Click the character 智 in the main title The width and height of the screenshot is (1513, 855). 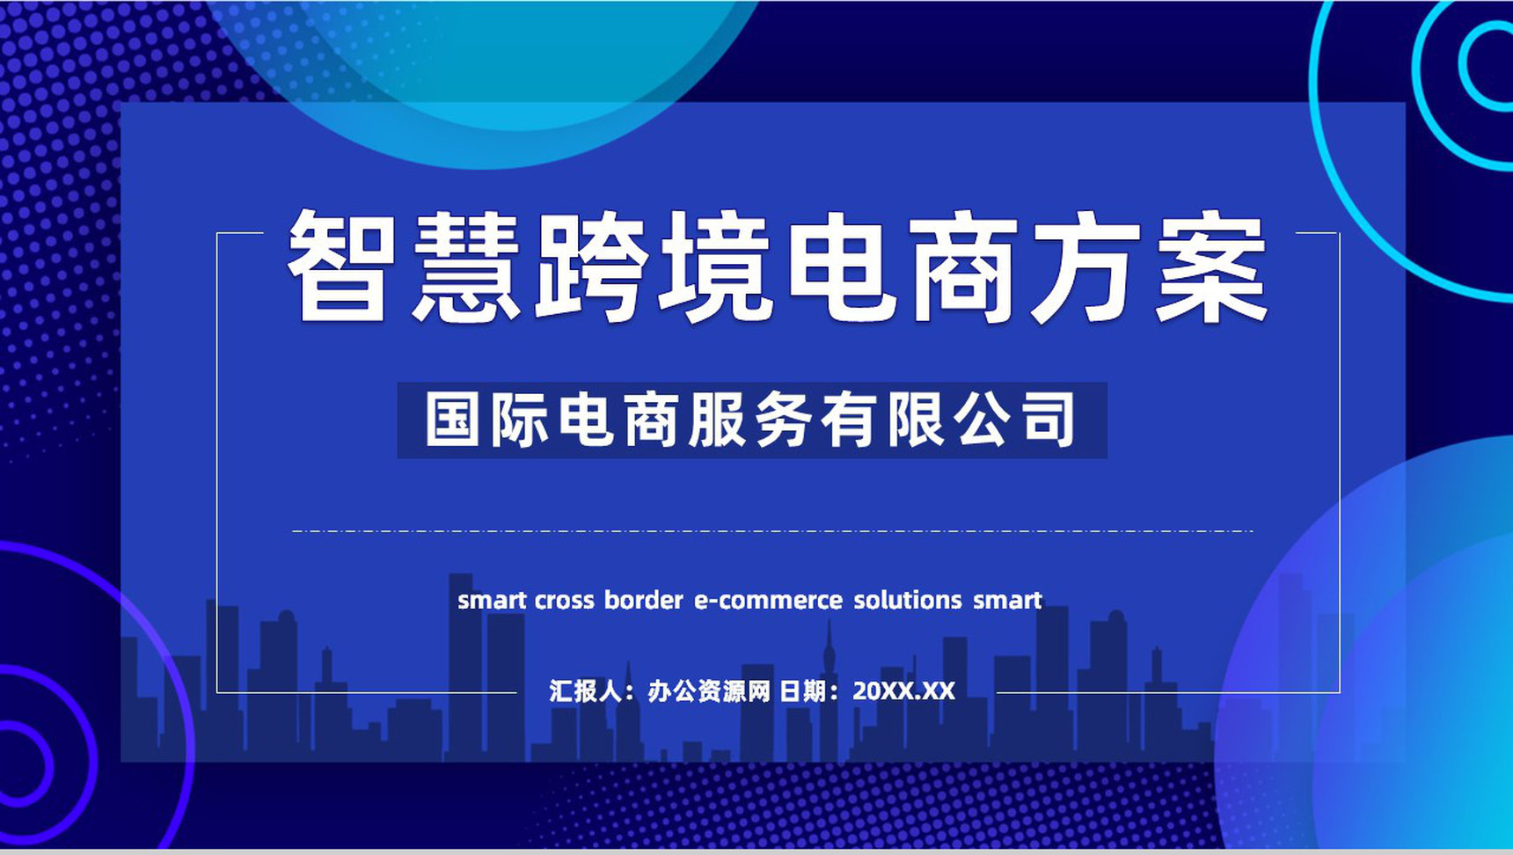click(x=340, y=267)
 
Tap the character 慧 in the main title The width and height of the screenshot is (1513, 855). click(x=464, y=267)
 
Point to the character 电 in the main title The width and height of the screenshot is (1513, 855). click(x=839, y=267)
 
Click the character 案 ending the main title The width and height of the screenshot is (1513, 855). click(x=1212, y=267)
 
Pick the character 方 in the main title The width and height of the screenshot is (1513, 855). click(x=1087, y=267)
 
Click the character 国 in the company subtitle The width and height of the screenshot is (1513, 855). click(x=453, y=420)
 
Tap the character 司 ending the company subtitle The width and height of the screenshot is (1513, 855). click(x=1049, y=420)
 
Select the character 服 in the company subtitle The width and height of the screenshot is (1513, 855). click(x=720, y=420)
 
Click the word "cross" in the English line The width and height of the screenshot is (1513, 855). click(x=564, y=601)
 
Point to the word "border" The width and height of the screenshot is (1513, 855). click(x=643, y=601)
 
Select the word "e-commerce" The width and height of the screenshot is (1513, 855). click(x=768, y=601)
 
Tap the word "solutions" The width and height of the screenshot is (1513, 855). click(x=908, y=601)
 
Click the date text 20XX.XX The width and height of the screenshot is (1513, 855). click(x=903, y=691)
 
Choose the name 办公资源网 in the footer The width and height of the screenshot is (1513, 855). click(x=709, y=691)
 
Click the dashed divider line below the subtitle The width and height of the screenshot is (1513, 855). click(x=771, y=531)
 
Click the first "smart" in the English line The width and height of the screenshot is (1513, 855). click(x=492, y=601)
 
